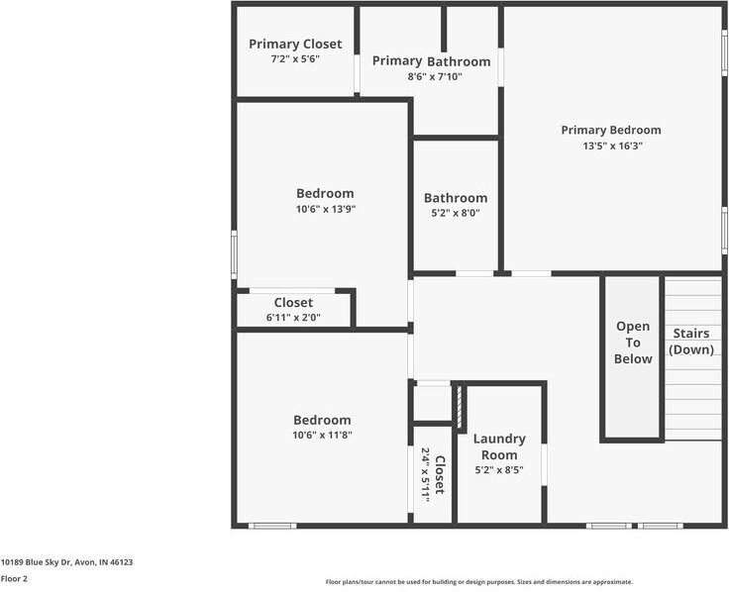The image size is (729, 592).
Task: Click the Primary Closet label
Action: click(x=295, y=44)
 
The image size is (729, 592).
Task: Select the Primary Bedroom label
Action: click(x=610, y=130)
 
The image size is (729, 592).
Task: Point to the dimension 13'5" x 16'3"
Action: click(x=610, y=146)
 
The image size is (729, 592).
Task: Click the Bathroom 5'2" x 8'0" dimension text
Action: click(x=456, y=213)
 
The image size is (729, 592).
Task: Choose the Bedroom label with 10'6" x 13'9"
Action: click(x=325, y=193)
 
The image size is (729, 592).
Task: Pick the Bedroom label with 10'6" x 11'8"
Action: click(x=322, y=420)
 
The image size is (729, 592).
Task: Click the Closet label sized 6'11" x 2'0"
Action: click(x=293, y=303)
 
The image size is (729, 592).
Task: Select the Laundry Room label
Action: click(x=499, y=446)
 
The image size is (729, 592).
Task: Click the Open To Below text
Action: click(x=633, y=343)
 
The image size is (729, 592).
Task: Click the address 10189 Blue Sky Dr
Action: click(x=66, y=562)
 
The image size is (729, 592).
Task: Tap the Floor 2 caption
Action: click(x=14, y=578)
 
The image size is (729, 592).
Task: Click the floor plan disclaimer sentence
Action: click(x=478, y=582)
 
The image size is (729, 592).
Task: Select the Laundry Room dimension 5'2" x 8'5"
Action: click(x=499, y=470)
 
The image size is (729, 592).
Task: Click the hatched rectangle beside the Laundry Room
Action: click(x=460, y=407)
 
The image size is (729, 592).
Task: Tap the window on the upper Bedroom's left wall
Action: click(x=235, y=253)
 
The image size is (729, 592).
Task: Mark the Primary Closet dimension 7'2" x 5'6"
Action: click(x=295, y=59)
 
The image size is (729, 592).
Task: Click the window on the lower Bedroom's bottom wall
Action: click(x=272, y=525)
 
